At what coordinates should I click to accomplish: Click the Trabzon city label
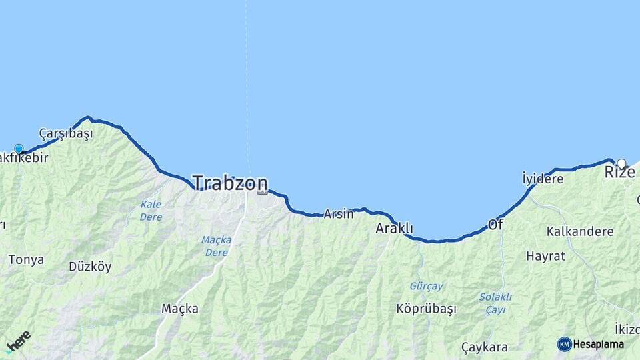(230, 183)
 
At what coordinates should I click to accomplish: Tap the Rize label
(620, 173)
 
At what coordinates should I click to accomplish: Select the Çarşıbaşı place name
(66, 133)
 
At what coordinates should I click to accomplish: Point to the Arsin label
(338, 214)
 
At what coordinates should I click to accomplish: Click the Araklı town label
(395, 229)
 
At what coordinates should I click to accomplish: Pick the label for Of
(495, 225)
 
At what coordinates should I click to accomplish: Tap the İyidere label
(543, 179)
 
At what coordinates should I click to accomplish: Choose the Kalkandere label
(579, 231)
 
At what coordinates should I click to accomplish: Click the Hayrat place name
(545, 255)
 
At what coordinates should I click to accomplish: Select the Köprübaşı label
(426, 309)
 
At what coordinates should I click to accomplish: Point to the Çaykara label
(485, 347)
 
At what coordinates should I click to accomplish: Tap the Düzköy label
(90, 266)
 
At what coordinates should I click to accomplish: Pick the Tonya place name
(27, 259)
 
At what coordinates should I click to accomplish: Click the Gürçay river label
(426, 286)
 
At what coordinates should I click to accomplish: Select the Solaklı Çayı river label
(495, 303)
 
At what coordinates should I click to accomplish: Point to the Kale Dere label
(151, 210)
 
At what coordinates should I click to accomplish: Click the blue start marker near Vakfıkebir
(19, 149)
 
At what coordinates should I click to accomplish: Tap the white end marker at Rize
(621, 163)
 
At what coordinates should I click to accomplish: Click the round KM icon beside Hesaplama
(565, 344)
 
